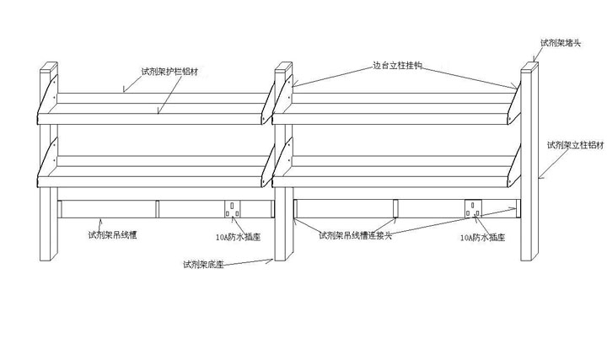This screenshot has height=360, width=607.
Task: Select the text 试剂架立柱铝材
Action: click(x=576, y=145)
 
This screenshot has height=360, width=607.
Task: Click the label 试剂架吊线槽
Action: click(x=113, y=235)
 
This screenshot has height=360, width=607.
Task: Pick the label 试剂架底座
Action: click(x=202, y=264)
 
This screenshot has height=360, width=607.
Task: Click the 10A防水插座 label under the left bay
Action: click(x=238, y=238)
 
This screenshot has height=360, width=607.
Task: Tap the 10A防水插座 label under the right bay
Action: click(x=482, y=239)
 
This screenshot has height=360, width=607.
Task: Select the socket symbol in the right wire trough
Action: click(x=474, y=207)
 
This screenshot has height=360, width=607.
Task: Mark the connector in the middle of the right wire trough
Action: click(x=395, y=207)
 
